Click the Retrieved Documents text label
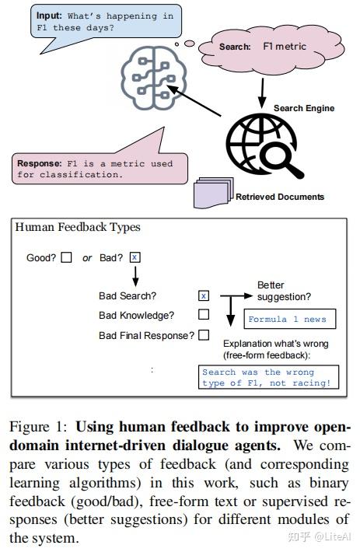click(x=280, y=197)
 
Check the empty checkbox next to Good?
click(x=67, y=257)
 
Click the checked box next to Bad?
click(x=135, y=257)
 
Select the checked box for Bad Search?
click(x=204, y=295)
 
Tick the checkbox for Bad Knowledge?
click(x=204, y=315)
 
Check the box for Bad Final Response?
click(x=204, y=335)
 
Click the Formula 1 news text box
click(x=287, y=320)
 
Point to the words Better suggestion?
click(x=284, y=292)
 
